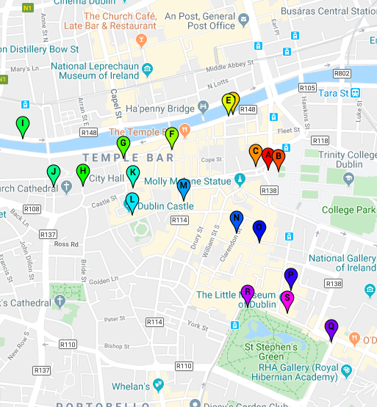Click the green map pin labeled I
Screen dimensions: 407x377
click(x=23, y=125)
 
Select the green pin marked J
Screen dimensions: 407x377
click(x=53, y=172)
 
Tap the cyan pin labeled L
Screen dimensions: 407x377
click(x=132, y=201)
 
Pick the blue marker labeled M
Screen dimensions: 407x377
click(x=184, y=187)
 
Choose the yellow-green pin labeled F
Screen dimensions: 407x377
click(x=171, y=136)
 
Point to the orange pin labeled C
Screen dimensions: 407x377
click(x=256, y=153)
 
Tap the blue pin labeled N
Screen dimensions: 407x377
click(x=236, y=219)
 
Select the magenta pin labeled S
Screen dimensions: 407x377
click(x=287, y=299)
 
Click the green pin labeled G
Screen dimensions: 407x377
click(x=123, y=144)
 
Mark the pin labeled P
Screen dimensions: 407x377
click(x=291, y=277)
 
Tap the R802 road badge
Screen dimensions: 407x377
click(x=342, y=73)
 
